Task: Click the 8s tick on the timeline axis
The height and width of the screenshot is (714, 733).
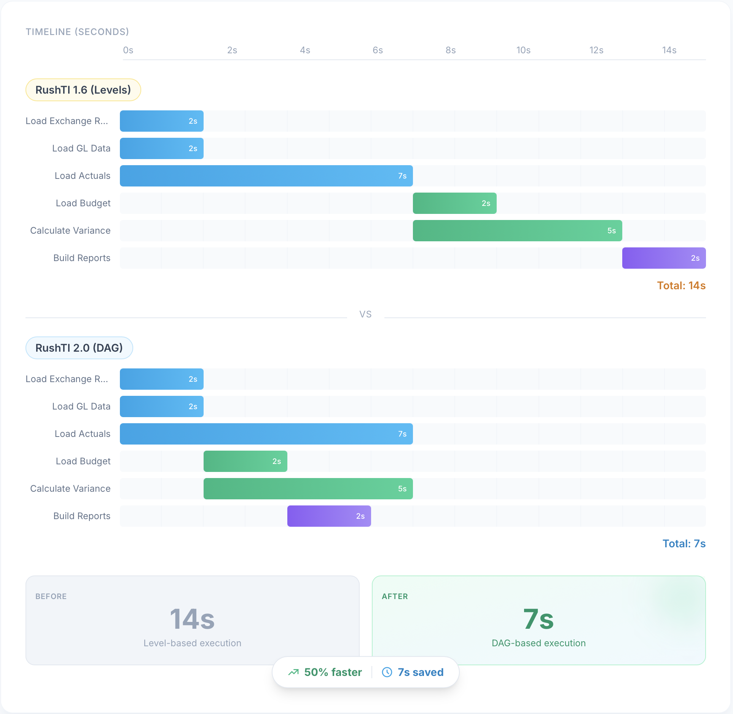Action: (x=450, y=50)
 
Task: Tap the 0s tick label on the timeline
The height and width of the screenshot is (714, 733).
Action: (x=128, y=50)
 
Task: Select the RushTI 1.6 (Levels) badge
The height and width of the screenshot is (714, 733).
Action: (x=83, y=90)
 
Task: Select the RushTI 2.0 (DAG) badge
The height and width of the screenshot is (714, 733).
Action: (x=79, y=348)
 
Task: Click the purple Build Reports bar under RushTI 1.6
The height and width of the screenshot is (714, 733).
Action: (x=664, y=258)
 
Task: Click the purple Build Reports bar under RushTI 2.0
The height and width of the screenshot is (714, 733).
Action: (x=329, y=516)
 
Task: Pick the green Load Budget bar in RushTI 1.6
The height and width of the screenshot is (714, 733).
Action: (x=454, y=203)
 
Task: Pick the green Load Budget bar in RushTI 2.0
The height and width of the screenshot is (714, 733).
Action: (x=245, y=461)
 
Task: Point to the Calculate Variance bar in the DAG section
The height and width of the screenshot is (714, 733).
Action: (x=308, y=489)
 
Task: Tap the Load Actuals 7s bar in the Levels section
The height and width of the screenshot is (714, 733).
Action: (x=266, y=176)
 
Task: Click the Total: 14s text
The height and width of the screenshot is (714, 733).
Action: (x=681, y=285)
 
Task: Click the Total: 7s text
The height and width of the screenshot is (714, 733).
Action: (x=684, y=543)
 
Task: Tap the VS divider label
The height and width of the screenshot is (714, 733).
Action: (x=365, y=314)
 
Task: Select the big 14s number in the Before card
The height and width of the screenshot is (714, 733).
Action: (x=192, y=619)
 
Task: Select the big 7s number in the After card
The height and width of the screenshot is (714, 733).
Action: (x=538, y=619)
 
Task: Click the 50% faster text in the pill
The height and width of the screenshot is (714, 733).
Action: (x=333, y=672)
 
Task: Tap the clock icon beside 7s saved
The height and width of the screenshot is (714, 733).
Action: (x=387, y=672)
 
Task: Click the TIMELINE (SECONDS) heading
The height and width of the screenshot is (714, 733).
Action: (x=77, y=32)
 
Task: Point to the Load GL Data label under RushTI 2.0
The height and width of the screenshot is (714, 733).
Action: (x=81, y=406)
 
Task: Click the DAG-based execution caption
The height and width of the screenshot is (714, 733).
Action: (x=538, y=643)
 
